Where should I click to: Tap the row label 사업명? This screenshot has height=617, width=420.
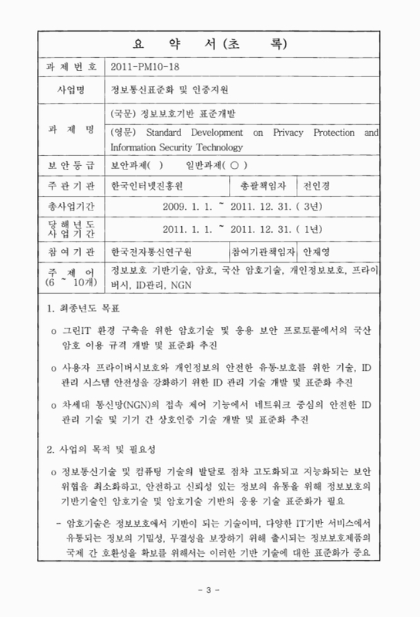tap(70, 89)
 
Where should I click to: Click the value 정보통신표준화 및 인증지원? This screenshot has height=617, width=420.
tap(165, 89)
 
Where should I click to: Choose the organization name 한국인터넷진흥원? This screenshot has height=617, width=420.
tap(149, 185)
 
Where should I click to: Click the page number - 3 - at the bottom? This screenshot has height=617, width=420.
tap(209, 590)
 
